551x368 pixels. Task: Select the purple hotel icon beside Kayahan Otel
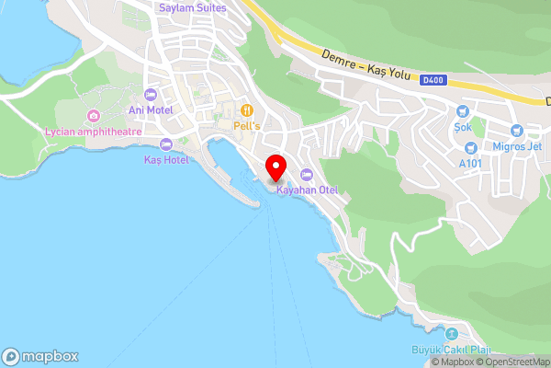tap(307, 175)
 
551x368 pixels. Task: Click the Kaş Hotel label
tap(166, 159)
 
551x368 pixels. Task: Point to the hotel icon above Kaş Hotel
tap(166, 144)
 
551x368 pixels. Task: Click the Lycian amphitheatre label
tap(93, 131)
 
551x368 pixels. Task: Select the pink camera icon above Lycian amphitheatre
tap(93, 116)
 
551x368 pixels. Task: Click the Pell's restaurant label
tap(247, 124)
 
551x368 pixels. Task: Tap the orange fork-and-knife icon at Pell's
tap(246, 109)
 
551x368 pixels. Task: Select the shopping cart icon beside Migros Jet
tap(516, 130)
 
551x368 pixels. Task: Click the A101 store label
tap(470, 163)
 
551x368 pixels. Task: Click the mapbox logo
tap(39, 356)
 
